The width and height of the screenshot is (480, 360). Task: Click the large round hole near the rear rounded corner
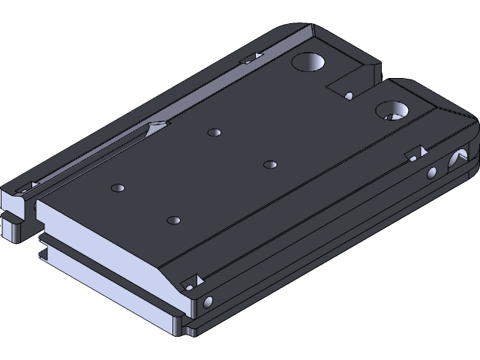[x=308, y=61]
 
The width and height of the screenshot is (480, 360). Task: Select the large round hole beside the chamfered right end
[x=392, y=111]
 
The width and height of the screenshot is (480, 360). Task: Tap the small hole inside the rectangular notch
[x=349, y=95]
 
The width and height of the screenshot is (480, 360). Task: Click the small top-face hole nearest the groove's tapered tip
[x=214, y=133]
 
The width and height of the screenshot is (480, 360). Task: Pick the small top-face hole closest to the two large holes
[x=270, y=163]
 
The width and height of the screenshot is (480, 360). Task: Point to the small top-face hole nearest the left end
[x=116, y=186]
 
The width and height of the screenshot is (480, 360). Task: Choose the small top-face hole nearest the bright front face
[x=174, y=220]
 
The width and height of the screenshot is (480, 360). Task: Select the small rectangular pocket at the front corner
[x=193, y=280]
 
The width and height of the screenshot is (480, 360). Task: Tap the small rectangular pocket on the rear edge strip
[x=250, y=57]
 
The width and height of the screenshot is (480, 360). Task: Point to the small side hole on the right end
[x=431, y=173]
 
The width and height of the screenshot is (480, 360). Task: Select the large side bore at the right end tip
[x=455, y=160]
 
